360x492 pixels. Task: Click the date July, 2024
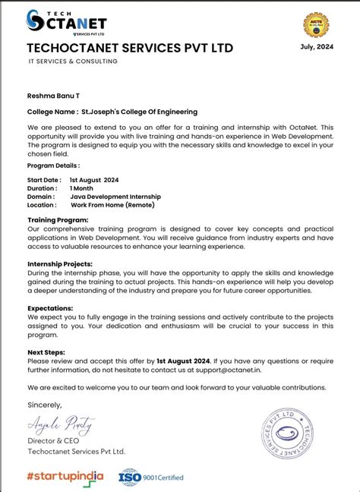click(x=317, y=47)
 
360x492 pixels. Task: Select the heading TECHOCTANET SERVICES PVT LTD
click(x=130, y=49)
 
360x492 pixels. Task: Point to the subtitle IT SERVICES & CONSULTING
click(x=73, y=61)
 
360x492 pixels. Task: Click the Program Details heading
click(x=53, y=165)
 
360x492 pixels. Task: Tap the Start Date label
click(x=43, y=180)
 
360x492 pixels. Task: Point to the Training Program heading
click(x=58, y=219)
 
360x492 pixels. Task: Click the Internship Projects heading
click(x=62, y=263)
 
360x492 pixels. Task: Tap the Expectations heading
click(x=52, y=307)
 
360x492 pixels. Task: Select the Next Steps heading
click(x=46, y=352)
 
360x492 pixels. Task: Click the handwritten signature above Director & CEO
click(x=52, y=422)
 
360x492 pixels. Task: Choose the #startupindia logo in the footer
click(x=65, y=476)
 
